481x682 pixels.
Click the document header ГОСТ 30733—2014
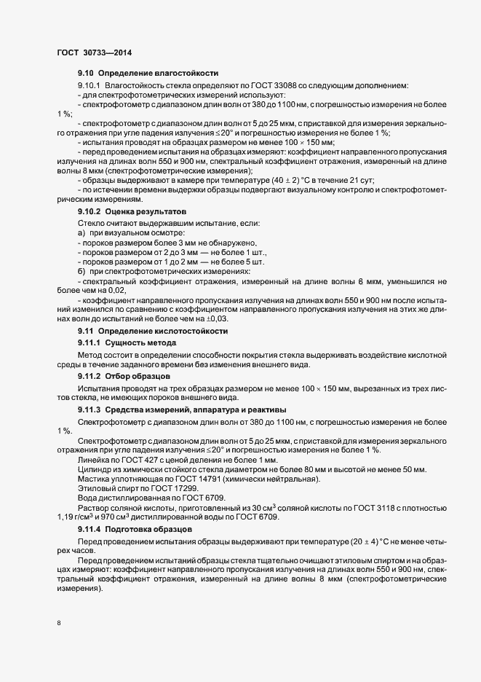pos(94,53)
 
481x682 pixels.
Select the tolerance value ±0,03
pos(217,318)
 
